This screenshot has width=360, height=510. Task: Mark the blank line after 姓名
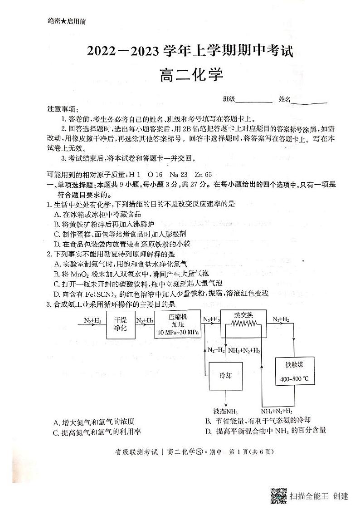point(309,103)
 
